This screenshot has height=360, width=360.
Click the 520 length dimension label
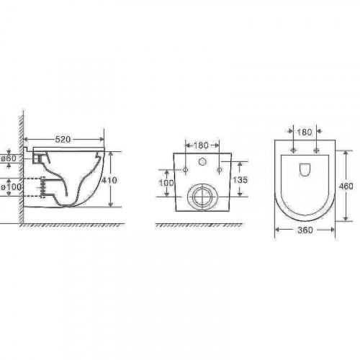coord(63,139)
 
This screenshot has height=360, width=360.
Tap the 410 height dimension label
coord(109,180)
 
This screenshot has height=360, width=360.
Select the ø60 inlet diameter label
coord(9,158)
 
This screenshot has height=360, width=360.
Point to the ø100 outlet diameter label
coord(11,186)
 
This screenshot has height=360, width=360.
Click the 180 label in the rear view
coord(201,145)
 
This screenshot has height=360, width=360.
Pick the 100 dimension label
coord(166,183)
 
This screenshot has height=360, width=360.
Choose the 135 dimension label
coord(240,180)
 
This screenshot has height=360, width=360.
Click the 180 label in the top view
coord(305,132)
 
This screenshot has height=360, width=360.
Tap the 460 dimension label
coord(346,186)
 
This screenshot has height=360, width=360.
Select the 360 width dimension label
coord(305,230)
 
